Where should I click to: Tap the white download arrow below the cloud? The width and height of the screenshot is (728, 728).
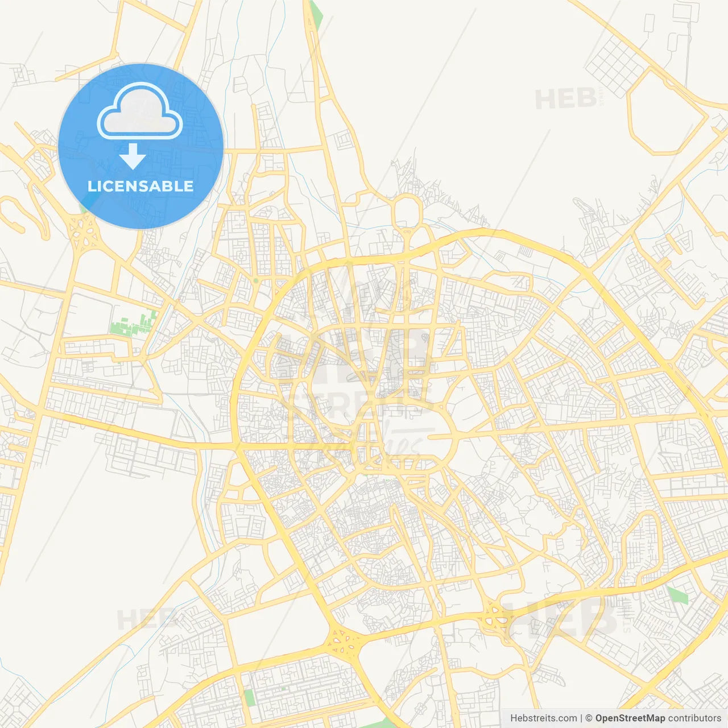(133, 156)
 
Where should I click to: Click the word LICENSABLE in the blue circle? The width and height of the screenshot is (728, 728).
(140, 186)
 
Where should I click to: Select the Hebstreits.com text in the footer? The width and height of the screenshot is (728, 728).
(543, 718)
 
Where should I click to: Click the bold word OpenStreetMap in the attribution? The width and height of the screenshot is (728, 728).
(630, 718)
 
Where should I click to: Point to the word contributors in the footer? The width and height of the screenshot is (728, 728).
(694, 718)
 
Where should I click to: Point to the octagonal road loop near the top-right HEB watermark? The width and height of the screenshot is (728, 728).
(667, 112)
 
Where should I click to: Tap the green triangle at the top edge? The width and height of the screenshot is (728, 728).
(315, 14)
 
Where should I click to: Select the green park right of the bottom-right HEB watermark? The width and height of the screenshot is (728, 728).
(677, 596)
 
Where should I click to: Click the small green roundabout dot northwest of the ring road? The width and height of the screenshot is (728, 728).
(256, 280)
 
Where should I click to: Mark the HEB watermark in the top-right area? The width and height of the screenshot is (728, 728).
(566, 99)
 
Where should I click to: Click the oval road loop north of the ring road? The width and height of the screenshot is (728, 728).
(407, 212)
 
